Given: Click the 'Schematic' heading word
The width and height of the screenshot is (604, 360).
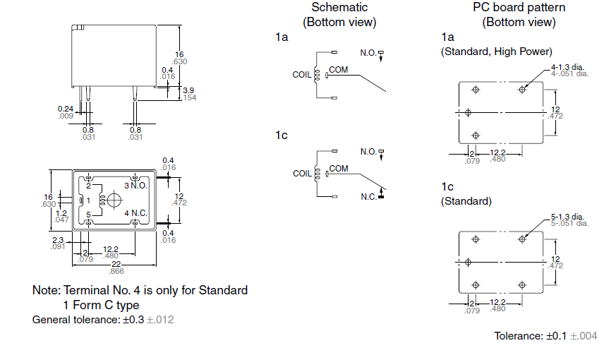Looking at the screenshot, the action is pyautogui.click(x=339, y=7).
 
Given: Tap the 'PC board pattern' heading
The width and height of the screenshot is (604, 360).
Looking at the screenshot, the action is pyautogui.click(x=519, y=7).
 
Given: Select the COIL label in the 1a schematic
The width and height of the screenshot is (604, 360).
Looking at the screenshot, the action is pyautogui.click(x=301, y=74).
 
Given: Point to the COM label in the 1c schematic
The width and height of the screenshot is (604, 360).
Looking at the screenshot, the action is pyautogui.click(x=339, y=169).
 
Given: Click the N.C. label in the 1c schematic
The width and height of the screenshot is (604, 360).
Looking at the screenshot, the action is pyautogui.click(x=368, y=196).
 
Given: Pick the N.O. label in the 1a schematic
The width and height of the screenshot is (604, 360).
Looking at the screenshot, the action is pyautogui.click(x=368, y=53).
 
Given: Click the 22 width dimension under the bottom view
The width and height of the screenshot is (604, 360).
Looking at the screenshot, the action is pyautogui.click(x=116, y=265).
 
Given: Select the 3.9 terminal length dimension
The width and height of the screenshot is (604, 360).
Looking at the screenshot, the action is pyautogui.click(x=188, y=90).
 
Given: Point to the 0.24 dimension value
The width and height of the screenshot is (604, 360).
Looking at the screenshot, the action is pyautogui.click(x=66, y=109).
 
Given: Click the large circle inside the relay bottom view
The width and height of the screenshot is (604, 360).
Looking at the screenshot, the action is pyautogui.click(x=114, y=200).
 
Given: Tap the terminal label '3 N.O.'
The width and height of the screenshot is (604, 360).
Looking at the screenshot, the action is pyautogui.click(x=135, y=186).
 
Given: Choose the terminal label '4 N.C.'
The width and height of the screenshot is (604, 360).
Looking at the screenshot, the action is pyautogui.click(x=135, y=213).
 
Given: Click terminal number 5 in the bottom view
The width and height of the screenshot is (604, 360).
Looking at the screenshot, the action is pyautogui.click(x=88, y=215).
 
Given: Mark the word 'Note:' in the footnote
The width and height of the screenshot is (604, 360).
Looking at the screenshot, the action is pyautogui.click(x=47, y=290).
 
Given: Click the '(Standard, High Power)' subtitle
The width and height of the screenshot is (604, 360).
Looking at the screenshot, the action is pyautogui.click(x=497, y=52).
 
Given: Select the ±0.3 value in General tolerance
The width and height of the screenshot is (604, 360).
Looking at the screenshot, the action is pyautogui.click(x=133, y=320).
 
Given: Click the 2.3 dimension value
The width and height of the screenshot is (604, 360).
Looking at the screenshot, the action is pyautogui.click(x=58, y=240).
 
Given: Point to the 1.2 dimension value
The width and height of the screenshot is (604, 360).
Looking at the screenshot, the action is pyautogui.click(x=61, y=213).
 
